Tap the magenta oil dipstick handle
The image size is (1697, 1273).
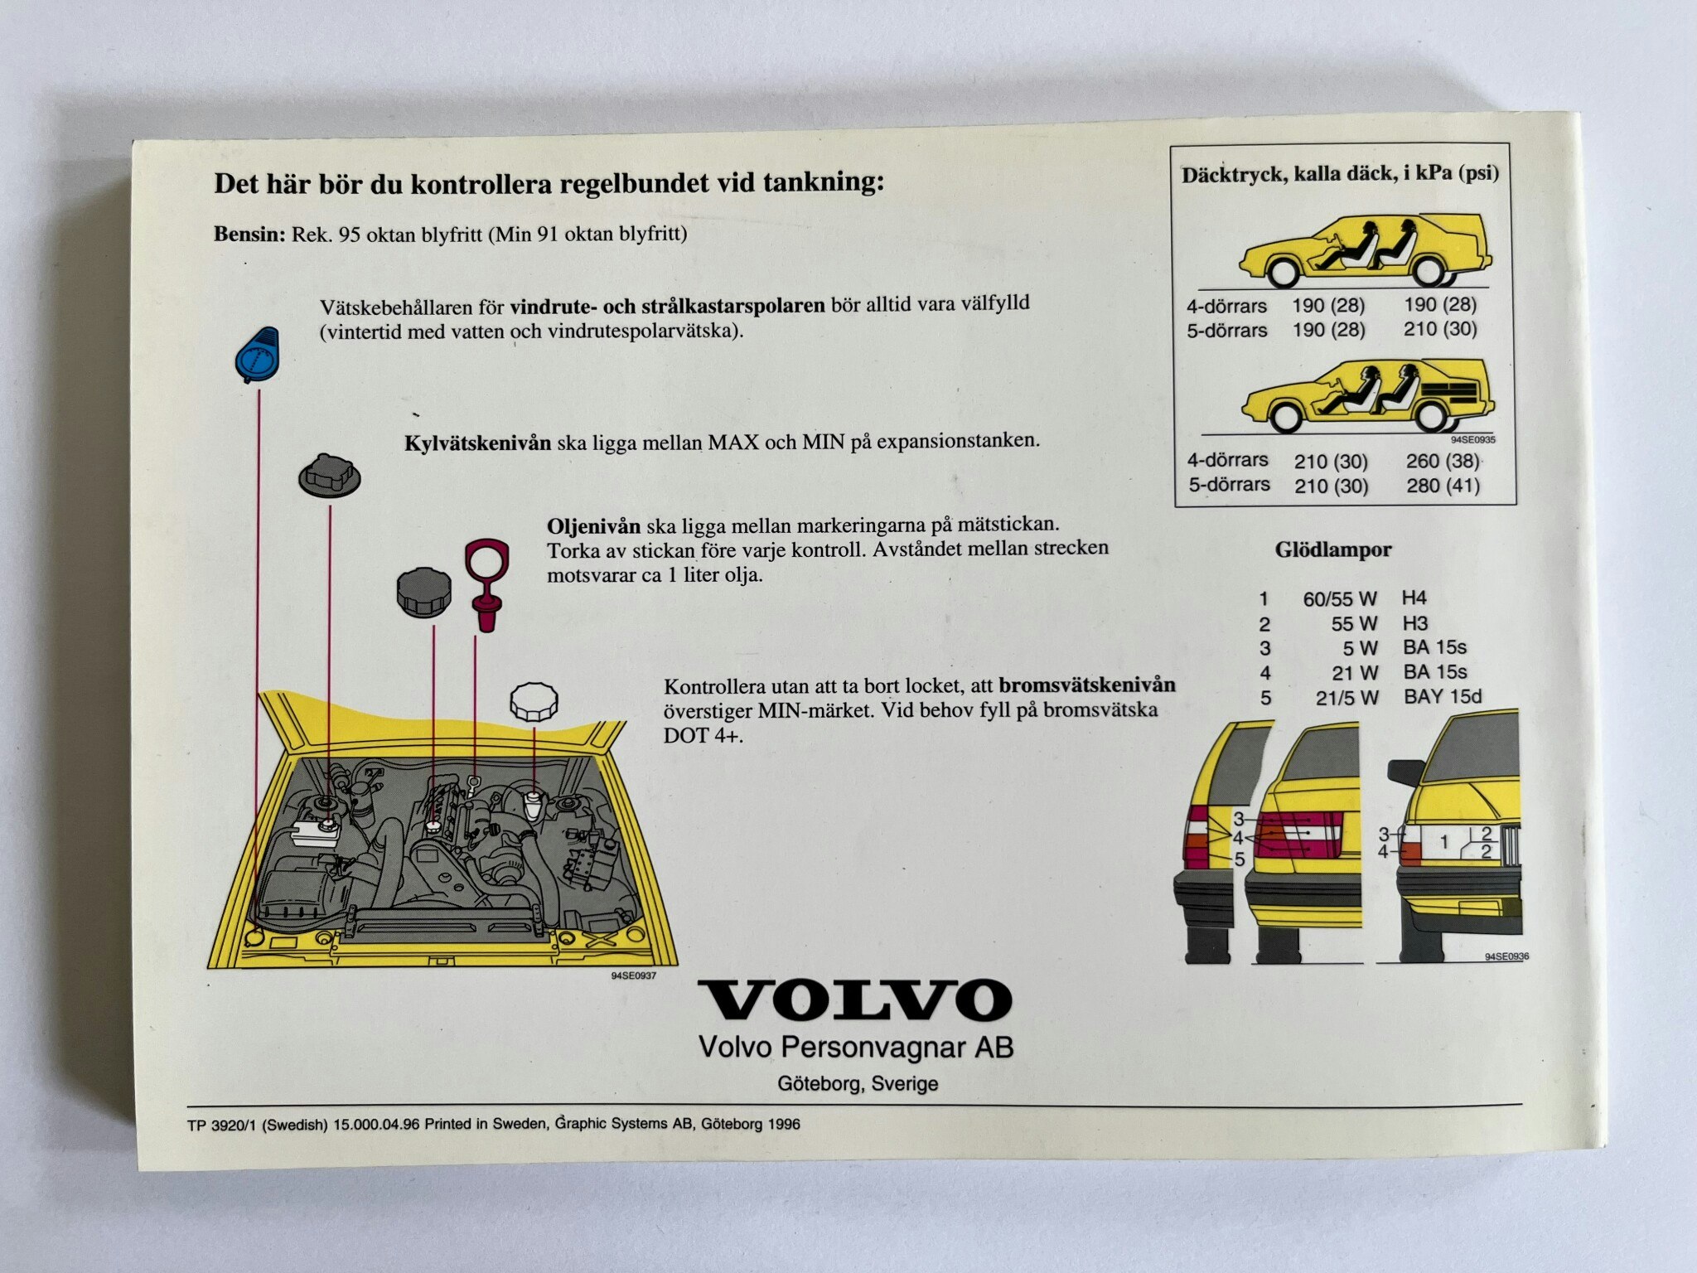pos(487,585)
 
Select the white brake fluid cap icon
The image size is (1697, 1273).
pos(534,701)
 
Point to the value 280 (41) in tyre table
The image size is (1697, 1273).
pos(1443,486)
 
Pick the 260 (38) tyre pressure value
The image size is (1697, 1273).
pos(1442,461)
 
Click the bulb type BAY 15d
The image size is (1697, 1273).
pos(1442,696)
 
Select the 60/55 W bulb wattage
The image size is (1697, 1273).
pos(1339,598)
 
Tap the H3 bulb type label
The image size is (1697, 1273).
pos(1414,622)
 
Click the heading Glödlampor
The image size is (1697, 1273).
pos(1333,549)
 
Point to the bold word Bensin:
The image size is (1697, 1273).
pos(249,235)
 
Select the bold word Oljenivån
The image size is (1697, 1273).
pos(593,526)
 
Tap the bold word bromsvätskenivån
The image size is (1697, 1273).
pos(1087,685)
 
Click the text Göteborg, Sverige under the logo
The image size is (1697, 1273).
pos(858,1083)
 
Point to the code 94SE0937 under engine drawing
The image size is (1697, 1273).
pos(634,975)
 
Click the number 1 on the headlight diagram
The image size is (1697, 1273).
pos(1443,842)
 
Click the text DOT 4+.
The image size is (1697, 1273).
pos(703,736)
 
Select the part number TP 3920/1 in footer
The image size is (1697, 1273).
pos(222,1125)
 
